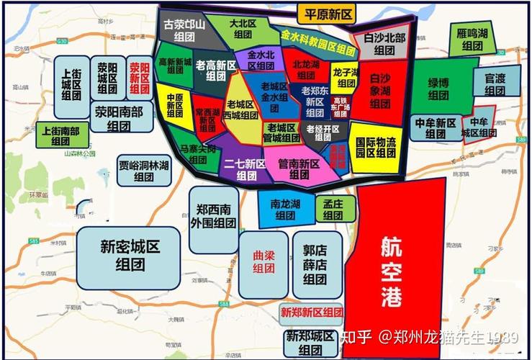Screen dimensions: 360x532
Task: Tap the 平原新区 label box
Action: pos(328,14)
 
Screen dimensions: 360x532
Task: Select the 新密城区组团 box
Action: pos(130,254)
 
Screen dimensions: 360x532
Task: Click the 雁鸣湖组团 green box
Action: pos(472,40)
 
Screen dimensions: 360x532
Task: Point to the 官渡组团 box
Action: pos(494,84)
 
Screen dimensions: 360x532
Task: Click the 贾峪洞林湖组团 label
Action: pos(144,171)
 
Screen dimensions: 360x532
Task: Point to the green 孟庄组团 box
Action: pos(333,209)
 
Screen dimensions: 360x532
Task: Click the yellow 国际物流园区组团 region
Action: pos(376,147)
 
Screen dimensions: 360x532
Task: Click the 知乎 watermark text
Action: pos(356,336)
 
